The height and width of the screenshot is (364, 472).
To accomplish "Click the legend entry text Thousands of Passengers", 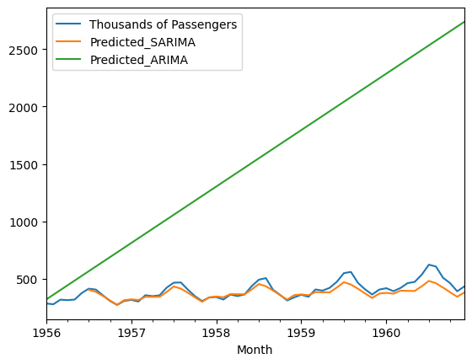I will [163, 24].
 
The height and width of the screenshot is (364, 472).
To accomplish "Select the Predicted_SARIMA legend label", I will [139, 42].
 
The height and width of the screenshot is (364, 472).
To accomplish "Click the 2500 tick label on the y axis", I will [25, 50].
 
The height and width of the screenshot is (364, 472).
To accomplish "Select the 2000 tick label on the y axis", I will [25, 107].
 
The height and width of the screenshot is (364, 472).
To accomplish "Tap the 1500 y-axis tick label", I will [25, 164].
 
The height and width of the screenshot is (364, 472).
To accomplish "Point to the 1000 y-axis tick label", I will [25, 222].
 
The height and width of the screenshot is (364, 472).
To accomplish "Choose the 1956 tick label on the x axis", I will [47, 335].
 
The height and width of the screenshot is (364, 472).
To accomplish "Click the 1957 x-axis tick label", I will [131, 335].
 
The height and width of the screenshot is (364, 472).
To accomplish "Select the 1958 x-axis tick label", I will [217, 335].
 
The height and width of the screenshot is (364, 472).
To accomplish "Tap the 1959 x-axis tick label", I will [302, 335].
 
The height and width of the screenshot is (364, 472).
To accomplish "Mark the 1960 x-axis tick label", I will [386, 335].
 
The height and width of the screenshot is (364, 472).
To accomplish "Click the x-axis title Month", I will [255, 350].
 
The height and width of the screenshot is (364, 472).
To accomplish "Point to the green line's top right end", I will [464, 22].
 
